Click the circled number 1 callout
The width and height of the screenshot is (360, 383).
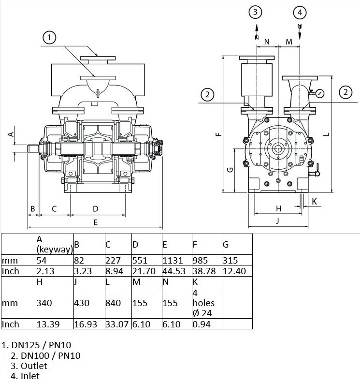[x=49, y=38]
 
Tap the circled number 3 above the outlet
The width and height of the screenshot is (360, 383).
[x=255, y=12]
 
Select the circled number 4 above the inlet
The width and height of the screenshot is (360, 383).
[x=300, y=13]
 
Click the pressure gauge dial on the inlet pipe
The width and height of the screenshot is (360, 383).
[x=320, y=93]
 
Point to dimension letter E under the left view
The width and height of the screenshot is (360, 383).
[x=95, y=222]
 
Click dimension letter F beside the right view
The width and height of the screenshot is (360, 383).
[x=219, y=134]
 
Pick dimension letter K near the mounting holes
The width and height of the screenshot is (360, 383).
[x=315, y=201]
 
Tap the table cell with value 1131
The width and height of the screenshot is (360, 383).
[x=177, y=260]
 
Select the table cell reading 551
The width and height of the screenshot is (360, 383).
[x=147, y=260]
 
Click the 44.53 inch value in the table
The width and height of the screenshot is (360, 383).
[x=177, y=271]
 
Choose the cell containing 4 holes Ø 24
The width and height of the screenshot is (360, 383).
[x=207, y=303]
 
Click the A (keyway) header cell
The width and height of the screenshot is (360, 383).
[x=55, y=244]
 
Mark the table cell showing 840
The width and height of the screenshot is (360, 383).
[x=118, y=303]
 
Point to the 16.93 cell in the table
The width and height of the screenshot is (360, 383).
[x=89, y=324]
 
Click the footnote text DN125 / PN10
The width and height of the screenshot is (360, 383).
[x=41, y=345]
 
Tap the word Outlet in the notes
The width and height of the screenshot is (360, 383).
[x=34, y=366]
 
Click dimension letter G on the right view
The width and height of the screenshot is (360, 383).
[x=230, y=170]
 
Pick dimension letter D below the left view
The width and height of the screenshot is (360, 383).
[x=95, y=209]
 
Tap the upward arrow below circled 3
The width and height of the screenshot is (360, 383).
[x=257, y=31]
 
